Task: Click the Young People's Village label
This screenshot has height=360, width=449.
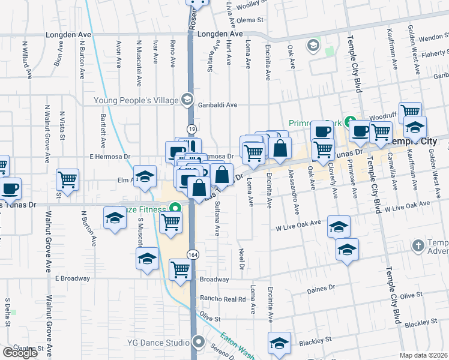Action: click(137, 100)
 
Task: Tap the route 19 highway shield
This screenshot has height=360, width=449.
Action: click(191, 128)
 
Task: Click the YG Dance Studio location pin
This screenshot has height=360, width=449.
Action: click(199, 343)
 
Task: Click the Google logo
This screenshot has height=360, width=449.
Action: click(20, 353)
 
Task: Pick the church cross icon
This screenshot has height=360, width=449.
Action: click(418, 245)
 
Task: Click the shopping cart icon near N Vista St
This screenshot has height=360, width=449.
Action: click(68, 178)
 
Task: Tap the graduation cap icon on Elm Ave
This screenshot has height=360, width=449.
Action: click(145, 176)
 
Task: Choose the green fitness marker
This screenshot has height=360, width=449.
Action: click(176, 209)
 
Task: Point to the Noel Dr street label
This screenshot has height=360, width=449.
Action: click(242, 259)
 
